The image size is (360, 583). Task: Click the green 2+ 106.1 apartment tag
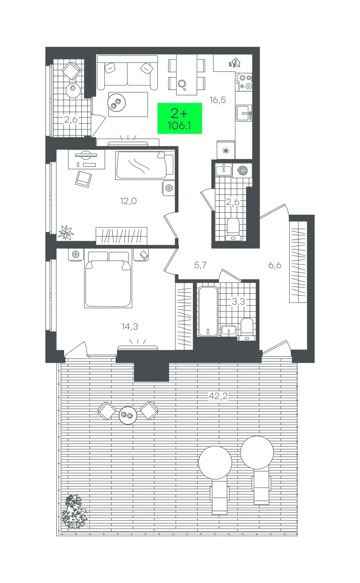pyautogui.click(x=179, y=119)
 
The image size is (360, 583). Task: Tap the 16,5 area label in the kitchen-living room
pyautogui.click(x=218, y=100)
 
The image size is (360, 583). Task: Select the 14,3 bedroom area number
pyautogui.click(x=129, y=327)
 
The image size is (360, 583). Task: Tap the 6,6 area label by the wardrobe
pyautogui.click(x=275, y=265)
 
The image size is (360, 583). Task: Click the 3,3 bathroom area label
pyautogui.click(x=238, y=302)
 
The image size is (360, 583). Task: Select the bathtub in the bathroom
pyautogui.click(x=208, y=311)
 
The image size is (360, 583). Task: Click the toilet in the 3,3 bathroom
pyautogui.click(x=247, y=329)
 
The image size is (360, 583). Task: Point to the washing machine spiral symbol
pyautogui.click(x=242, y=171)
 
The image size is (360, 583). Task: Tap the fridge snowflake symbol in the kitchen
pyautogui.click(x=226, y=150)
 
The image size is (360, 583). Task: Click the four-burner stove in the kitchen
pyautogui.click(x=244, y=82)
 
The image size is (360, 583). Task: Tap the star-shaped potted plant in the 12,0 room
pyautogui.click(x=66, y=232)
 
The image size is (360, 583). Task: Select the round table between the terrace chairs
pyautogui.click(x=128, y=415)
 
